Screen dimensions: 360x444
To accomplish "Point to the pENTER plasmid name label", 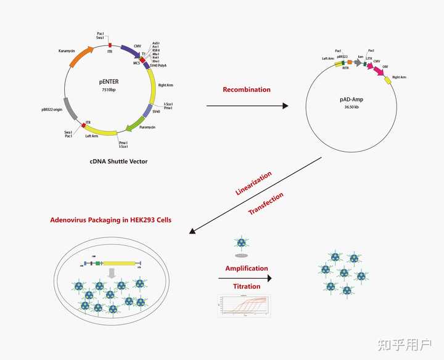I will [x=109, y=81].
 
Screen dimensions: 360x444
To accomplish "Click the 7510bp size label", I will [x=109, y=90].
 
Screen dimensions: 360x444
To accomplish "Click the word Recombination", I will [x=247, y=89].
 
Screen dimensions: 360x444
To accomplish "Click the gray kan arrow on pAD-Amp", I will [x=358, y=62].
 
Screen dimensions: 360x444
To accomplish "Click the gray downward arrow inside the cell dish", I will [x=112, y=272].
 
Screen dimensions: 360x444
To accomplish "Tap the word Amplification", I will [x=247, y=268].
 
